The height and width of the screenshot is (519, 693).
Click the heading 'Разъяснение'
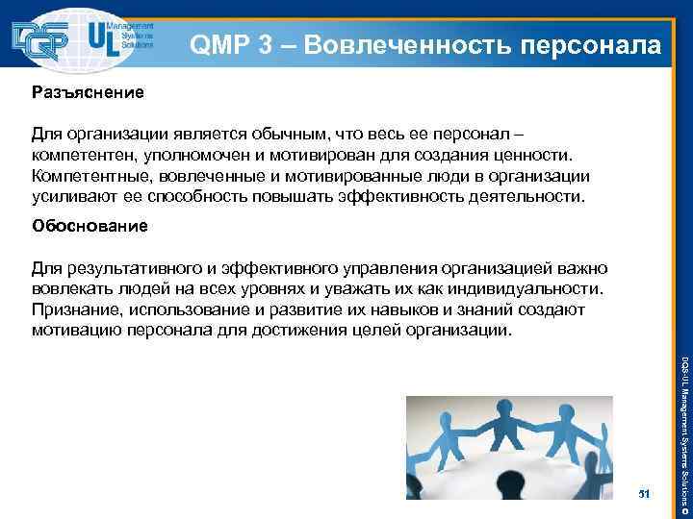click(x=88, y=93)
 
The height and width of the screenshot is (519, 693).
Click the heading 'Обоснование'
click(x=90, y=227)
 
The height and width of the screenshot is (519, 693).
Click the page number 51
click(x=644, y=493)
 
